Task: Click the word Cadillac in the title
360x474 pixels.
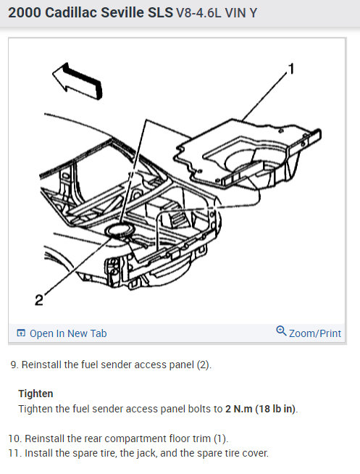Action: tap(71, 13)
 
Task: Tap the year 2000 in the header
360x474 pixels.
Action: tap(25, 13)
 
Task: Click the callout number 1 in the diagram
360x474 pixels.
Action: tap(291, 69)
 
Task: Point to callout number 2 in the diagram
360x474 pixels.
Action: tap(39, 300)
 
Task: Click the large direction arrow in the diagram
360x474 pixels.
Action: tap(78, 81)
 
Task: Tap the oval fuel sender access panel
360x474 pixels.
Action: tap(119, 230)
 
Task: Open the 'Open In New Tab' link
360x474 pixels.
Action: tap(68, 333)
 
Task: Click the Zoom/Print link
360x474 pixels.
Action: tap(315, 333)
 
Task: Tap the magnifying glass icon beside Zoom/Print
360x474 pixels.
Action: tap(281, 330)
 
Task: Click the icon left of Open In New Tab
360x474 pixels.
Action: tap(21, 333)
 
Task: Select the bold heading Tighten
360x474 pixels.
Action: tap(35, 394)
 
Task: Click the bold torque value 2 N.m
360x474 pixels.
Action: tap(238, 409)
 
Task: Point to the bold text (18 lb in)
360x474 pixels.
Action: tap(276, 409)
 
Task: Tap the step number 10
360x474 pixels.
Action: tap(15, 438)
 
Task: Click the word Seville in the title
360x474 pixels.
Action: tap(122, 13)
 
